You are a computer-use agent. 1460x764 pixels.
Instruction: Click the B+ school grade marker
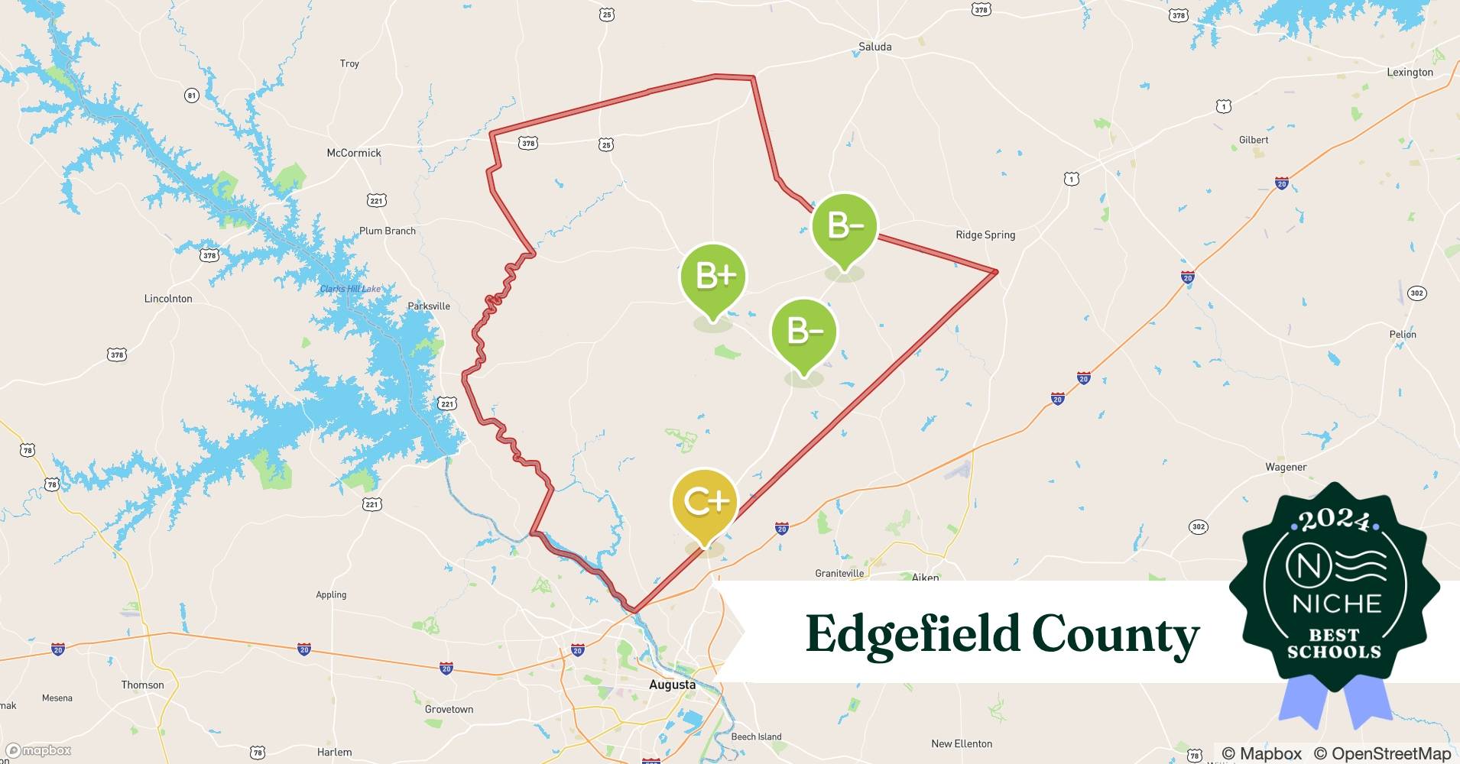pos(713,277)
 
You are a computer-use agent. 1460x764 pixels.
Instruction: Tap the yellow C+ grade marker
pos(705,502)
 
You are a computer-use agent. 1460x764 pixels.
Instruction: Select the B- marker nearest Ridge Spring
pos(844,226)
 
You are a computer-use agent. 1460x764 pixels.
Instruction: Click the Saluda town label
pos(874,47)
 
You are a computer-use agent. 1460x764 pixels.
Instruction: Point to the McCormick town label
pos(353,153)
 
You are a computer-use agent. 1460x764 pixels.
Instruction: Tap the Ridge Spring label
pos(985,235)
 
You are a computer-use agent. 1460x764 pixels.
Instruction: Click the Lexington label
pos(1410,73)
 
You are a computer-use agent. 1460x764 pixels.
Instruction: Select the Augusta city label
pos(672,685)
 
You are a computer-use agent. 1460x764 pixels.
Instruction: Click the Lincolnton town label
pos(168,299)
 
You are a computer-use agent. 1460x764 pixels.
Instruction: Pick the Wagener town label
pos(1286,467)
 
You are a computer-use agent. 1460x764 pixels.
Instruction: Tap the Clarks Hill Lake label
pos(350,289)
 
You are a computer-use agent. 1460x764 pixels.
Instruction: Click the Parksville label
pos(428,306)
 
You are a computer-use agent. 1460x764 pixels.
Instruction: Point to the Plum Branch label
pos(388,231)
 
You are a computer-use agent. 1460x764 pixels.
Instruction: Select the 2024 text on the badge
pos(1334,520)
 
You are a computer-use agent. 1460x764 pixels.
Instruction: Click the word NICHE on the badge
pos(1336,604)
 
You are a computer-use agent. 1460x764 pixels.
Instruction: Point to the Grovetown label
pos(449,709)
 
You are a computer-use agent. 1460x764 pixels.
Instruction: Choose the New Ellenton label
pos(961,743)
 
